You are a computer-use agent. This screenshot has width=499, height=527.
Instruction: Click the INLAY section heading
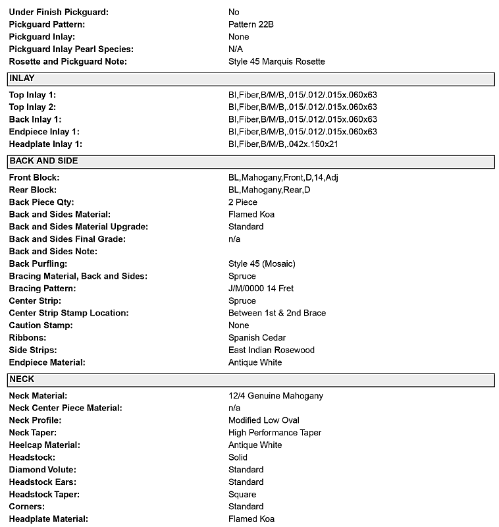pyautogui.click(x=22, y=78)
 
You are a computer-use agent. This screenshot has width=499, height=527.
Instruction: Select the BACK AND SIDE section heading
pyautogui.click(x=43, y=161)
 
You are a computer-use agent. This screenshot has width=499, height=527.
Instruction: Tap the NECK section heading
pyautogui.click(x=22, y=379)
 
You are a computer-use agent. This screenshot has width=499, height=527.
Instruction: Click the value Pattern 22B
pyautogui.click(x=251, y=24)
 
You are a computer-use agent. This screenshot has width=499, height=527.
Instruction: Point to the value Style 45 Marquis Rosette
pyautogui.click(x=276, y=62)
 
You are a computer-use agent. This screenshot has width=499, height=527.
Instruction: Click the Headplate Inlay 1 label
pyautogui.click(x=45, y=144)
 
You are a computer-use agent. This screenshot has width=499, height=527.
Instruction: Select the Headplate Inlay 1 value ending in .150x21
pyautogui.click(x=283, y=144)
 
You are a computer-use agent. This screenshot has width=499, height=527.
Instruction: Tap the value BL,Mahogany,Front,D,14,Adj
pyautogui.click(x=283, y=178)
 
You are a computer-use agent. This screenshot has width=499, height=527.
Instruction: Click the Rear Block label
pyautogui.click(x=34, y=190)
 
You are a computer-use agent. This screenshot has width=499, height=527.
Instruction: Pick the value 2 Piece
pyautogui.click(x=243, y=202)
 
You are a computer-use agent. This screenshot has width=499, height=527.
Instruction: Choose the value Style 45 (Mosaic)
pyautogui.click(x=262, y=264)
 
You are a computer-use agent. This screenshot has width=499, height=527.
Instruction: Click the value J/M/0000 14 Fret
pyautogui.click(x=261, y=289)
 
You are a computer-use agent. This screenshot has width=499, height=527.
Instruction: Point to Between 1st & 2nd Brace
pyautogui.click(x=277, y=314)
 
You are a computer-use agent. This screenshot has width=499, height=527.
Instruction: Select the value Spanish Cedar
pyautogui.click(x=257, y=338)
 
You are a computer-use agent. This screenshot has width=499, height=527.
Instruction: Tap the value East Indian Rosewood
pyautogui.click(x=271, y=350)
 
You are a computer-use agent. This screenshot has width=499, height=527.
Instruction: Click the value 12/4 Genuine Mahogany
pyautogui.click(x=276, y=396)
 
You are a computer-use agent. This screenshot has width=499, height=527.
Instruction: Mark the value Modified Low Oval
pyautogui.click(x=264, y=420)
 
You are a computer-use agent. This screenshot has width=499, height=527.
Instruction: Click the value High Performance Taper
pyautogui.click(x=275, y=433)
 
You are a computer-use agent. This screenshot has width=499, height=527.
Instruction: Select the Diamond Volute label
pyautogui.click(x=43, y=470)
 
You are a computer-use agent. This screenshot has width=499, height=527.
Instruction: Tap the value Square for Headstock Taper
pyautogui.click(x=242, y=495)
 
